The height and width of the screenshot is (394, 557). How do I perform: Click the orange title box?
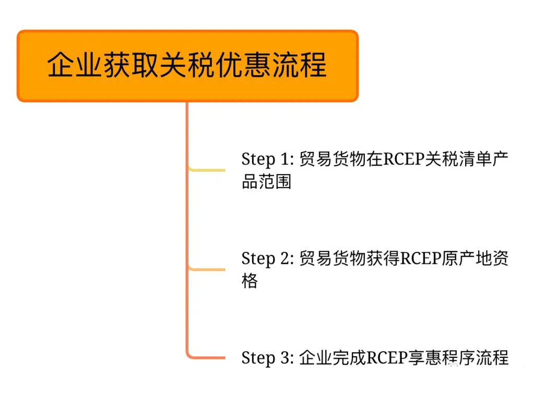(x=187, y=66)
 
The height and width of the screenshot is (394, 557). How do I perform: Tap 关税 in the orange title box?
(x=187, y=65)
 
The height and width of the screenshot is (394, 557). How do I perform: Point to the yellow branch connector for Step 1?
(x=207, y=170)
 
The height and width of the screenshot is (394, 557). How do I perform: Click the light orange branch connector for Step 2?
(x=207, y=269)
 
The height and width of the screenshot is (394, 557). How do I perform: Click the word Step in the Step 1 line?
(x=258, y=160)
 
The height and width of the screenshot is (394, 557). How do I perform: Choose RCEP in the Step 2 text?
(x=421, y=258)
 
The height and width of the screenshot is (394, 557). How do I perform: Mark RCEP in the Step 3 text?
(x=387, y=357)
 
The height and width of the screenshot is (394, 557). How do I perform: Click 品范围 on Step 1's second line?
(x=266, y=181)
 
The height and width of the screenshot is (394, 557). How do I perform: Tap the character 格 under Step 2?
(x=250, y=281)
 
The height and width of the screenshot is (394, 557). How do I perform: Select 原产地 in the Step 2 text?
(x=467, y=258)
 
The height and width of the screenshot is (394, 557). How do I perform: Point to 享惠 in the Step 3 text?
(x=424, y=357)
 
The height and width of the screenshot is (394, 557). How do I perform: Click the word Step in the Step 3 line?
(x=258, y=358)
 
